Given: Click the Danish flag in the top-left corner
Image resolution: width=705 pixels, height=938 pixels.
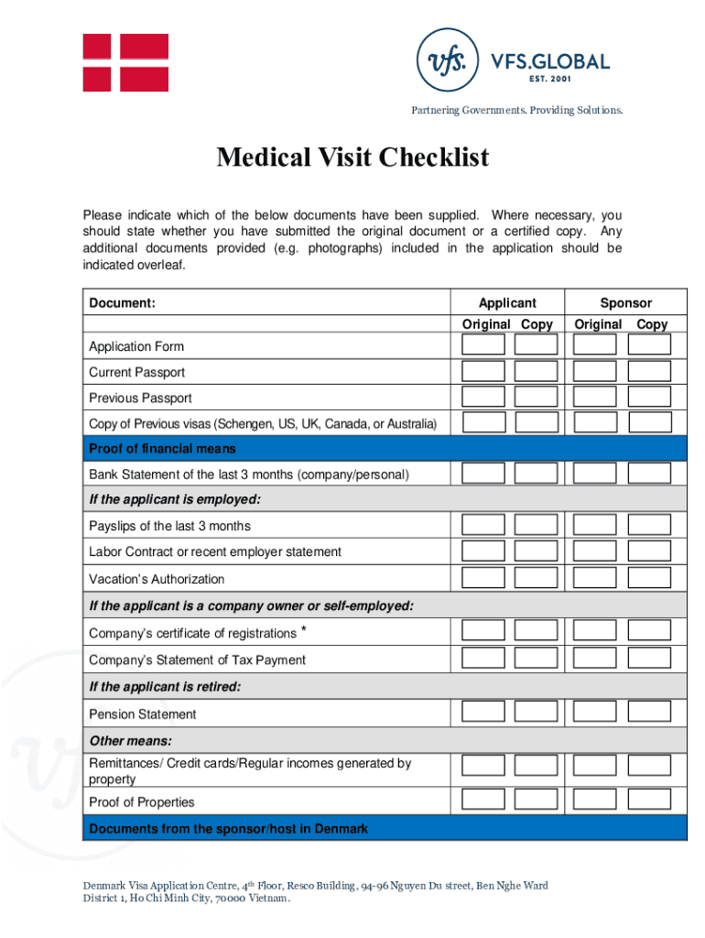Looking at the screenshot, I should pyautogui.click(x=125, y=62).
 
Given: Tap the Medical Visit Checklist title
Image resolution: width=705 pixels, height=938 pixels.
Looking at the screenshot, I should pyautogui.click(x=352, y=158).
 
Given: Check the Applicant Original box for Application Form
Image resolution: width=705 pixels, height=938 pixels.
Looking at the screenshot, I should pyautogui.click(x=483, y=344).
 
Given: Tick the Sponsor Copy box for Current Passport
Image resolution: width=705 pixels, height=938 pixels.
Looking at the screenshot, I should pyautogui.click(x=649, y=371).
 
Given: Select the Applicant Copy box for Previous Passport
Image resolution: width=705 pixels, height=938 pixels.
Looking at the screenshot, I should pyautogui.click(x=536, y=397).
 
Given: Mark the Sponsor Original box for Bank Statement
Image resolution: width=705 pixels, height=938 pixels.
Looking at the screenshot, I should pyautogui.click(x=595, y=473).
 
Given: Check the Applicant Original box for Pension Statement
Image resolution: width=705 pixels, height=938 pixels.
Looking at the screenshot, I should pyautogui.click(x=483, y=713).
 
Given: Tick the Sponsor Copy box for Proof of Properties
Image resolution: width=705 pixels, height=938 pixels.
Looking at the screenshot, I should pyautogui.click(x=649, y=800).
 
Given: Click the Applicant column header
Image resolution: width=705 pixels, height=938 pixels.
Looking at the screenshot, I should pyautogui.click(x=507, y=302).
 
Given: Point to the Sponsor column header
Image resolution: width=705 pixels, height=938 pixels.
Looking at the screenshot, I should pyautogui.click(x=626, y=302).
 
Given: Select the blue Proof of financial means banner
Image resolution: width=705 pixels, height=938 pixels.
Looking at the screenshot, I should pyautogui.click(x=385, y=448).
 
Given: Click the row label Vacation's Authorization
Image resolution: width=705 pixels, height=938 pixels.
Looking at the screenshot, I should pyautogui.click(x=156, y=579).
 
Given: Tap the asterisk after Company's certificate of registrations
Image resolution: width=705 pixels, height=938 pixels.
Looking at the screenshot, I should pyautogui.click(x=303, y=631).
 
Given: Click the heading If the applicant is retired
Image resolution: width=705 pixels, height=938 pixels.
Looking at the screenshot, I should pyautogui.click(x=165, y=686).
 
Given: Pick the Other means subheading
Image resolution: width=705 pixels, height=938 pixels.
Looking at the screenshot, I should pyautogui.click(x=131, y=740).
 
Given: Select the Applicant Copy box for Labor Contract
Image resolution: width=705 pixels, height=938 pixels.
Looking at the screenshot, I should pyautogui.click(x=536, y=551).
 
